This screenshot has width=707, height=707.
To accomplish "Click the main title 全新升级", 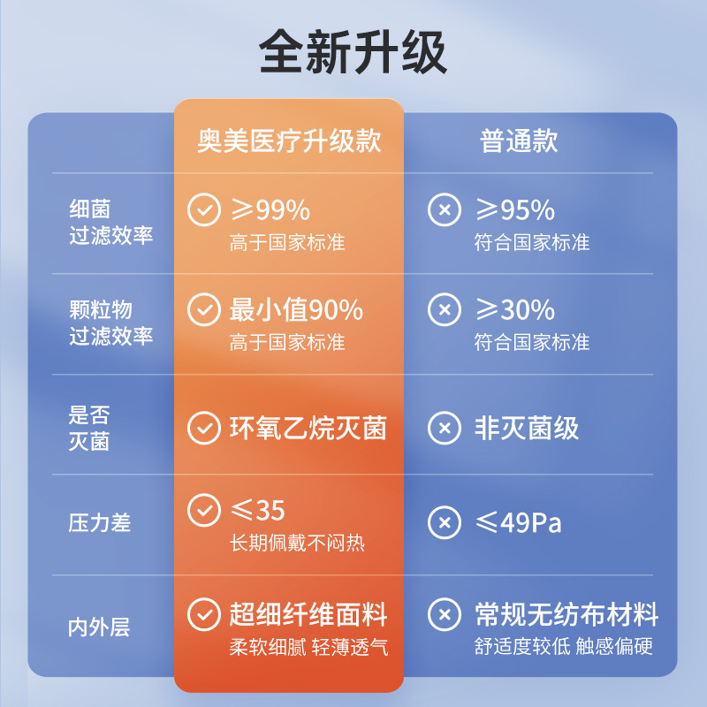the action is click(x=353, y=51).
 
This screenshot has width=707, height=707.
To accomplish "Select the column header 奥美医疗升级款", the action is click(x=289, y=141).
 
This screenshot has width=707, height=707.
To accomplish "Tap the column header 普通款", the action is click(x=519, y=141).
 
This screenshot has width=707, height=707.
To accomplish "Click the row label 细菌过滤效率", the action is click(x=111, y=223).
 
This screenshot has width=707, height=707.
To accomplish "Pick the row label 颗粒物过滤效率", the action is click(x=111, y=323).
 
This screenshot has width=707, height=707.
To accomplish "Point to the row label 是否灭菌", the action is click(x=89, y=428).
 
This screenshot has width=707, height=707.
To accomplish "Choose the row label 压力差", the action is click(x=100, y=523).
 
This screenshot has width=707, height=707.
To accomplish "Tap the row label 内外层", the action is click(x=99, y=627).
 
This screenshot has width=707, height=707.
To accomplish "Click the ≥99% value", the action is click(x=270, y=209).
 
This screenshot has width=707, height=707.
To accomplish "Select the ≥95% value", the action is click(x=515, y=209).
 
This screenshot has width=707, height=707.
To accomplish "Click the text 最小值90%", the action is click(x=296, y=310).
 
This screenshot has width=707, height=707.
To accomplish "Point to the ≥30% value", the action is click(x=515, y=310).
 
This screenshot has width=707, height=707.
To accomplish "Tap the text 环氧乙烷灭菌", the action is click(x=308, y=428).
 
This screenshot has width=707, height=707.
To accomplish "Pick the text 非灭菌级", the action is click(x=527, y=428).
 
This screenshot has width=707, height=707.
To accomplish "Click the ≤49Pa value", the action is click(x=519, y=523).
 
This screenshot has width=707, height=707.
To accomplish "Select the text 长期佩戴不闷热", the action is click(x=297, y=543).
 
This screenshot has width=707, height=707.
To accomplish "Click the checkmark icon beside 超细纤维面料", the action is click(x=204, y=614).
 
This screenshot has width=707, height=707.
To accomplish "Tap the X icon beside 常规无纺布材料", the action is click(x=445, y=614).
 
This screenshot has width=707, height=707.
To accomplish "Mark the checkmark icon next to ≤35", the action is click(x=204, y=510).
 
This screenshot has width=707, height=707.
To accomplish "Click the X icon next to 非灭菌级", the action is click(x=445, y=428).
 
